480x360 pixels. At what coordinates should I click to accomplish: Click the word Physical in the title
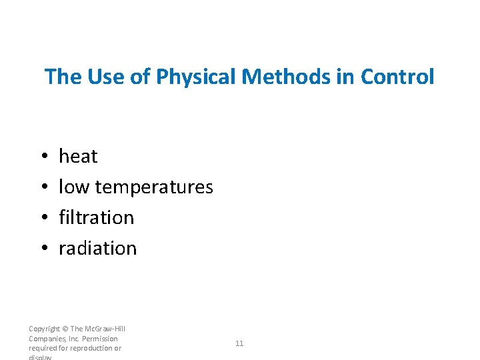(195, 77)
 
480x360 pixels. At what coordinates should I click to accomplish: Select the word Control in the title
(397, 77)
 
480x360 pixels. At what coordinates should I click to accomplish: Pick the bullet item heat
(78, 157)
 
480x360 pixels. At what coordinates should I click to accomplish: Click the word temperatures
(154, 187)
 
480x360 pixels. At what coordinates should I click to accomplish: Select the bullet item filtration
(96, 218)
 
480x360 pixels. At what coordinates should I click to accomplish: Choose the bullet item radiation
(97, 249)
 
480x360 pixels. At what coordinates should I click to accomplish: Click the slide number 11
(239, 343)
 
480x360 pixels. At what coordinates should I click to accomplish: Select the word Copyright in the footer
(44, 329)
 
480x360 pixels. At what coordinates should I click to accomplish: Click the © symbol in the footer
(65, 329)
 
